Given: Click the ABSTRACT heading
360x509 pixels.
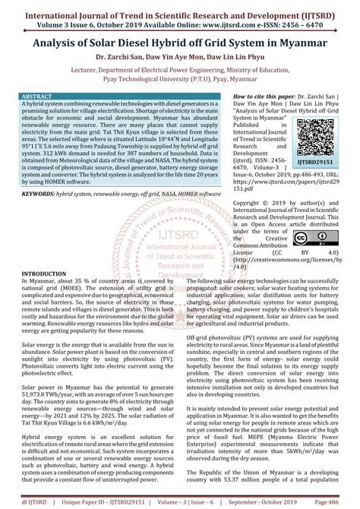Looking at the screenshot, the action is (x=39, y=97).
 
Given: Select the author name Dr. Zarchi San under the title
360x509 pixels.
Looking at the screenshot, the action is (x=122, y=58).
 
